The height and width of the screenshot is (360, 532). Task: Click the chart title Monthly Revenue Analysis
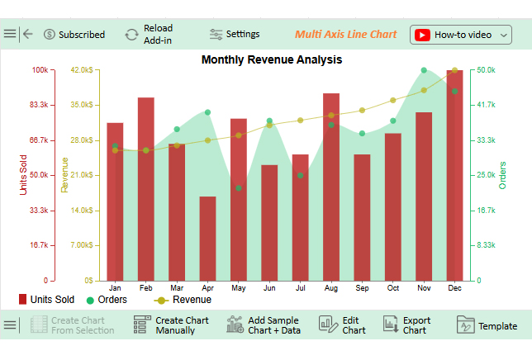coord(271,59)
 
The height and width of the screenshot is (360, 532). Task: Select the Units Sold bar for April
coord(207,238)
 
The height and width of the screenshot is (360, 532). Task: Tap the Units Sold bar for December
coord(454,175)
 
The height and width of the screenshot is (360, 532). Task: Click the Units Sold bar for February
coord(146,188)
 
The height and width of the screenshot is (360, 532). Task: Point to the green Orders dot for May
coord(239,188)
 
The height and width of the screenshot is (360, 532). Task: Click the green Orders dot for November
coord(424,71)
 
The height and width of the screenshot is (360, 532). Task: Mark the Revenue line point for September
coord(362,110)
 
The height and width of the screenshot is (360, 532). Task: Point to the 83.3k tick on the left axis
coord(38,105)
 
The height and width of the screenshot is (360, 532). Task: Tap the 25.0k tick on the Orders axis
coord(484,175)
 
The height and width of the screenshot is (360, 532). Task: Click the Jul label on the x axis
coord(300,287)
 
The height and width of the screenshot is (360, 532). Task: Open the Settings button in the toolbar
coord(235,34)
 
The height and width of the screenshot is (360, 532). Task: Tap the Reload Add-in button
coord(149,34)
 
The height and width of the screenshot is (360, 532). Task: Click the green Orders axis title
coord(502,175)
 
